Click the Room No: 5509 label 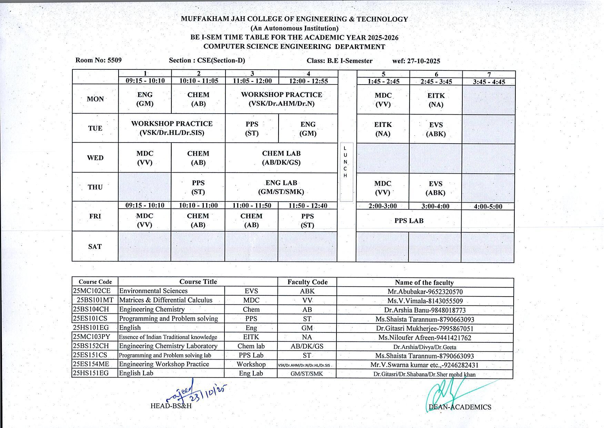tap(98, 60)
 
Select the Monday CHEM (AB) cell tap(198, 99)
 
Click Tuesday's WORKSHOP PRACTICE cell tap(172, 128)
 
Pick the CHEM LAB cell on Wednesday tap(281, 158)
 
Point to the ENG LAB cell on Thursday tap(281, 187)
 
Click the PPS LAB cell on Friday tap(409, 221)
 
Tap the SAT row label tap(95, 246)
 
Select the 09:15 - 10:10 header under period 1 tap(145, 81)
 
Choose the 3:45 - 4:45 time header tap(489, 82)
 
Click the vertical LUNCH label tap(345, 162)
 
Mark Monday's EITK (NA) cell tap(436, 100)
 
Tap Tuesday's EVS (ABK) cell tap(436, 129)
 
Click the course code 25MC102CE tap(92, 291)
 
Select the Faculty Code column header tap(307, 282)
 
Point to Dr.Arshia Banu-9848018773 tap(425, 310)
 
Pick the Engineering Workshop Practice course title tap(164, 364)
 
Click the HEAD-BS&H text tap(171, 406)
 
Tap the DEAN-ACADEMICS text tap(460, 407)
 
